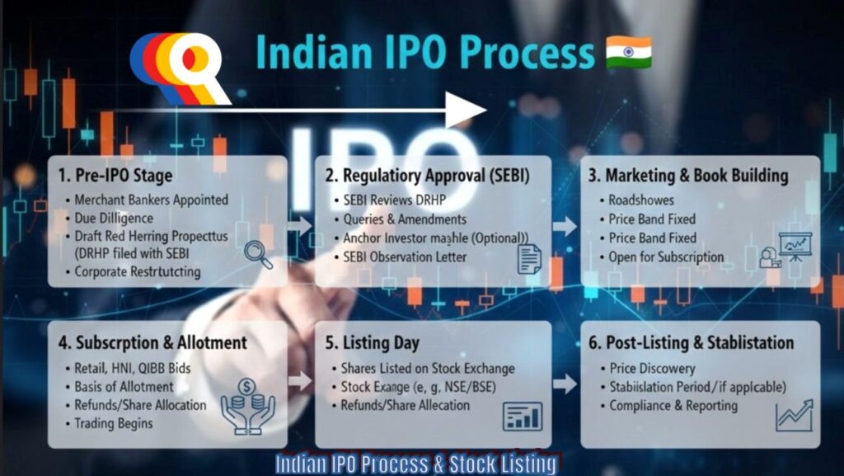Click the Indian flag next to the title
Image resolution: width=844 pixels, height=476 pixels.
(x=628, y=52)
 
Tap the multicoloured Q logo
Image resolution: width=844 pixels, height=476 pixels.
(x=180, y=68)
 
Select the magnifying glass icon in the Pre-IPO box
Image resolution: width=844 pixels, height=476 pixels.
(x=258, y=253)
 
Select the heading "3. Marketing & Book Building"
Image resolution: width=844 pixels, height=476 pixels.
(x=687, y=176)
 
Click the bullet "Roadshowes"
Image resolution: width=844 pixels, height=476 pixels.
(x=640, y=200)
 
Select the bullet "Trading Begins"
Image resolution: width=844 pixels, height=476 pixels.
(x=114, y=423)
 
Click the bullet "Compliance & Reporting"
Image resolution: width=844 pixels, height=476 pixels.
(x=673, y=405)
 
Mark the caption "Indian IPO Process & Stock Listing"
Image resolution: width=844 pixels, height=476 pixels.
(x=415, y=464)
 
